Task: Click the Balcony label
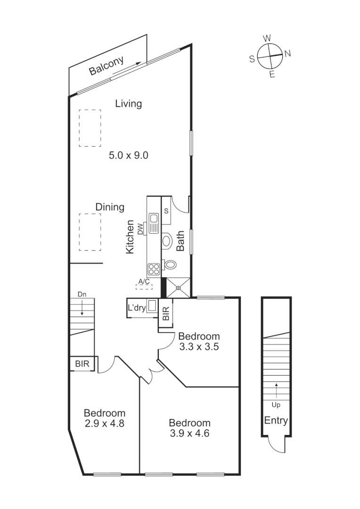106,66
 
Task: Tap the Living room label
129,104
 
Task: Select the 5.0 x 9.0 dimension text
129,155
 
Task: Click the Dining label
110,207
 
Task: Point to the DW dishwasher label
140,229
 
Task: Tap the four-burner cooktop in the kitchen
154,269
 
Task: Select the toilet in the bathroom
170,264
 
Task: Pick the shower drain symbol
178,287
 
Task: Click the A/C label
144,282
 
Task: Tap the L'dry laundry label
137,308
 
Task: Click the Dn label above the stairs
82,294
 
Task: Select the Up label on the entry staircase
276,404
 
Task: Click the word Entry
276,420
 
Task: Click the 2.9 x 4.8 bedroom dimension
104,423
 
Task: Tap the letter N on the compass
287,53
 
